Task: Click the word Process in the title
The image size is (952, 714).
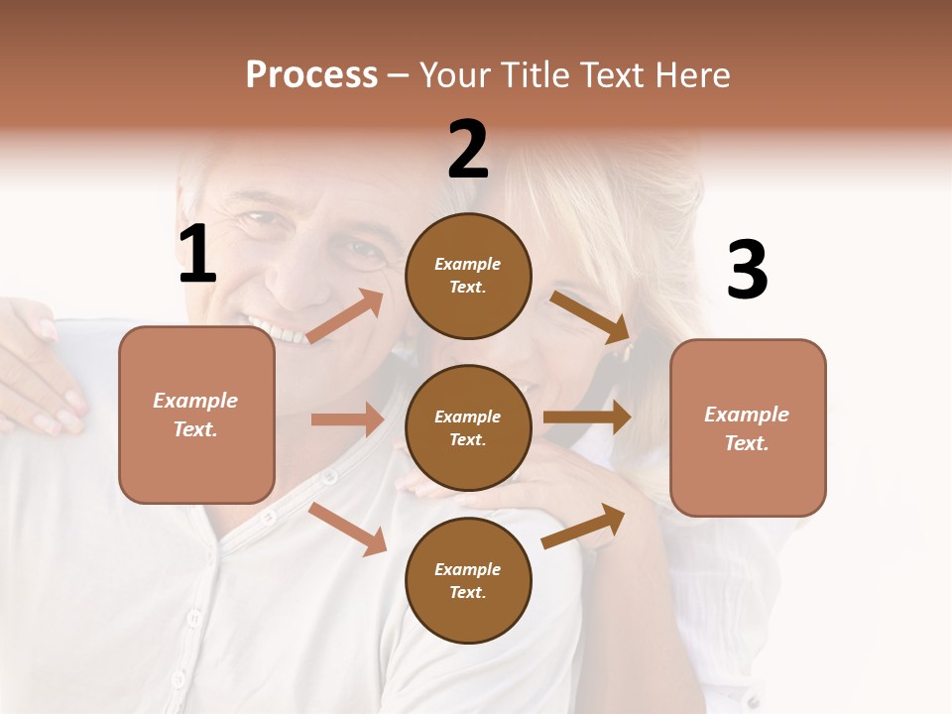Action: [311, 75]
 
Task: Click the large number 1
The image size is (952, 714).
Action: [197, 255]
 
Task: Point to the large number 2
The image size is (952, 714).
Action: [468, 150]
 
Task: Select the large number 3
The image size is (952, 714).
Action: [747, 270]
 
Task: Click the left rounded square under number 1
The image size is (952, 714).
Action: [196, 415]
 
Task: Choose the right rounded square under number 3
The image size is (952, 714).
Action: [748, 427]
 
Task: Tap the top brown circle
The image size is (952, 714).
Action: [468, 276]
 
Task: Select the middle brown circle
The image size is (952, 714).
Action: [468, 427]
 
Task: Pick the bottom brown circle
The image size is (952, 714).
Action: [468, 580]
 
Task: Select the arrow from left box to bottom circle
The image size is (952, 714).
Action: [348, 529]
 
